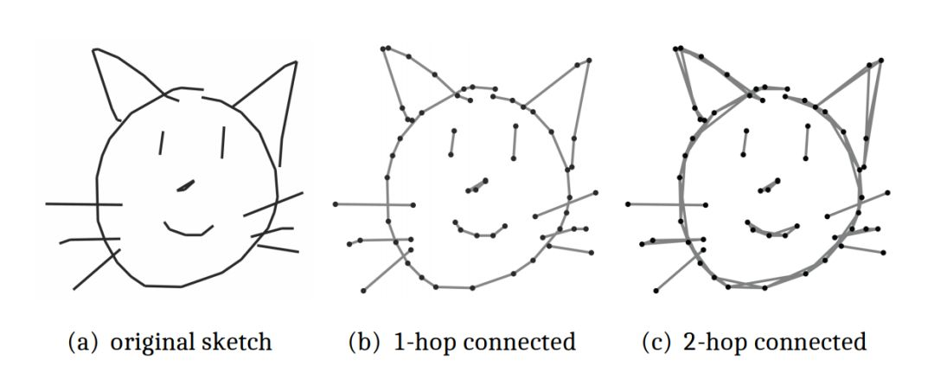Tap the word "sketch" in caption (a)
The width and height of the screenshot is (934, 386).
point(239,342)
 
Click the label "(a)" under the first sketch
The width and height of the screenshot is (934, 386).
point(84,342)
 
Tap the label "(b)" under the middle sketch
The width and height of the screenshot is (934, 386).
point(363,342)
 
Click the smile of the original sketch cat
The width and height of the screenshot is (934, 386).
point(189,230)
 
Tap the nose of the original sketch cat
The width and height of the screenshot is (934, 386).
point(186,185)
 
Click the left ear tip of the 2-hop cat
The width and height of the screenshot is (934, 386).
point(678,48)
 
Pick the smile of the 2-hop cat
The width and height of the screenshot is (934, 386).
point(771,231)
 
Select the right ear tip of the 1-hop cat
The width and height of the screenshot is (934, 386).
point(589,61)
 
